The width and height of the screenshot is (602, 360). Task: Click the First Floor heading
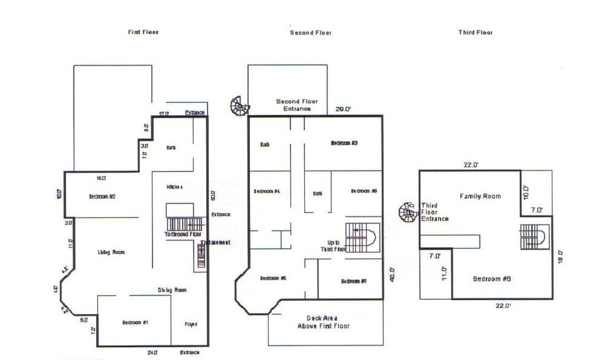[x=143, y=32]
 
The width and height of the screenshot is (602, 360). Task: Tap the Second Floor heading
[x=310, y=32]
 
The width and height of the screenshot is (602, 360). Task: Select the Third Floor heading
[x=475, y=32]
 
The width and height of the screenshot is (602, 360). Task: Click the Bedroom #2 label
[x=102, y=197]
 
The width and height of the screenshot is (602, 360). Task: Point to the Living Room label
[x=111, y=252]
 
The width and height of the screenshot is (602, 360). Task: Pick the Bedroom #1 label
[x=135, y=323]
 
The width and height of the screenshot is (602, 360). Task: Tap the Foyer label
[x=191, y=324]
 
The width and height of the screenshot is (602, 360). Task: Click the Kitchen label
[x=175, y=186]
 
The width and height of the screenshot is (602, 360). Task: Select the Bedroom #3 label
[x=344, y=143]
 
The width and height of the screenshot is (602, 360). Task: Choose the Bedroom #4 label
[x=266, y=192]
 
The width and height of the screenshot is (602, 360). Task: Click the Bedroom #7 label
[x=353, y=281]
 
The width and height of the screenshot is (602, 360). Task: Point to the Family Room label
[x=480, y=197]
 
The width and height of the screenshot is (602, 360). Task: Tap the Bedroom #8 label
[x=491, y=279]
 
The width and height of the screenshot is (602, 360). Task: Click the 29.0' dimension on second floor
[x=343, y=109]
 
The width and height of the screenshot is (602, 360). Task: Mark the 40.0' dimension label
[x=392, y=274]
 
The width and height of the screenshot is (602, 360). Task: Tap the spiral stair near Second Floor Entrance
[x=239, y=106]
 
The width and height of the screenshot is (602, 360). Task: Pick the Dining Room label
[x=172, y=290]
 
